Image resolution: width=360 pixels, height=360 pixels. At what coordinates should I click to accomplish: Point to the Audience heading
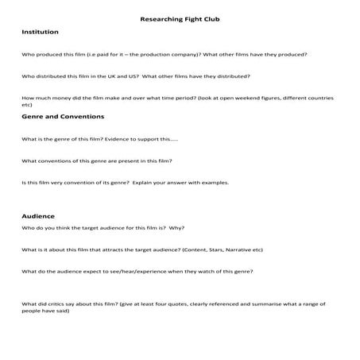click(38, 215)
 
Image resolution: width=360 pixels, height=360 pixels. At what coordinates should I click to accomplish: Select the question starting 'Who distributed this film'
click(136, 76)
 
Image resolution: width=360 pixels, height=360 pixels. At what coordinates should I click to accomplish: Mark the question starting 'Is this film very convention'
click(125, 182)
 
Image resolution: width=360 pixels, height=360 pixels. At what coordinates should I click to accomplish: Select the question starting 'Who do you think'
click(103, 228)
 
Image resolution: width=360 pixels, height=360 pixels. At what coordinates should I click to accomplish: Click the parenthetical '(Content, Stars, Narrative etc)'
click(223, 250)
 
